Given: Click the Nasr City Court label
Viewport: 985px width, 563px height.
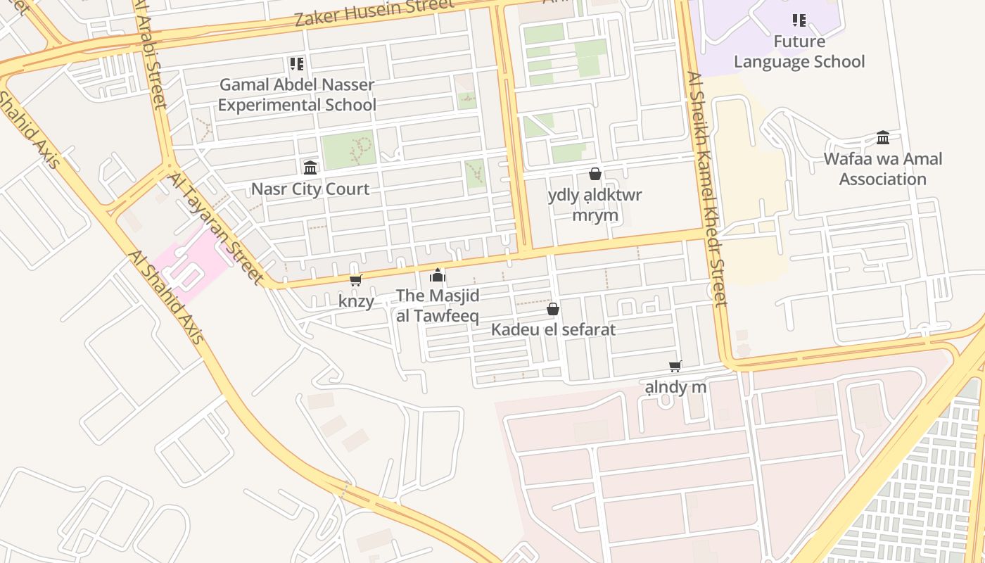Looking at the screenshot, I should [x=310, y=189].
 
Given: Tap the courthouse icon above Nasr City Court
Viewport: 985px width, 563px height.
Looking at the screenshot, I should [x=310, y=167].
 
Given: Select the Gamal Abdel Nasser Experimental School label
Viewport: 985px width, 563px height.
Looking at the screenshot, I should [x=296, y=94].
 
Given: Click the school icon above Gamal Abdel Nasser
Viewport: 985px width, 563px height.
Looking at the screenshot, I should [x=297, y=64].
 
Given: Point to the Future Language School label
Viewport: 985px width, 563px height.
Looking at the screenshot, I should [x=799, y=51].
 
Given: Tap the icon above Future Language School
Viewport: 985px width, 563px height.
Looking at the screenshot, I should [x=799, y=20].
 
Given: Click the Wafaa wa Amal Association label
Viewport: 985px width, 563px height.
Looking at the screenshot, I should [x=882, y=169].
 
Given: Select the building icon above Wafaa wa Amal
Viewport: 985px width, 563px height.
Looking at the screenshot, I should [x=883, y=137].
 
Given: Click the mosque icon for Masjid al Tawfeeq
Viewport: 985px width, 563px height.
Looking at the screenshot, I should [x=438, y=275].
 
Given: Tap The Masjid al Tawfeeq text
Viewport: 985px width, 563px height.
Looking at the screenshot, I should [x=438, y=305].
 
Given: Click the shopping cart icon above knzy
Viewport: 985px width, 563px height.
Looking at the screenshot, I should [x=356, y=281].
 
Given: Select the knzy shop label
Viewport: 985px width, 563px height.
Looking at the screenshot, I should [x=356, y=301].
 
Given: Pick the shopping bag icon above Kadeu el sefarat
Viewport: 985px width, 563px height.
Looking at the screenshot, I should [x=553, y=309].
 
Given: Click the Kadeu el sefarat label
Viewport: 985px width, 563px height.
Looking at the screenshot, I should [x=553, y=329].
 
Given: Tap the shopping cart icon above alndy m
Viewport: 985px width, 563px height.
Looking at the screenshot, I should [x=675, y=366].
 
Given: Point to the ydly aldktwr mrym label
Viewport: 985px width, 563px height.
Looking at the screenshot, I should [x=595, y=205].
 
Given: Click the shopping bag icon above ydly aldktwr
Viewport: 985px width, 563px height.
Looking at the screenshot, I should [x=595, y=174].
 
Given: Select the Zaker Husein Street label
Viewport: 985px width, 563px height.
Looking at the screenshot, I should [x=374, y=12].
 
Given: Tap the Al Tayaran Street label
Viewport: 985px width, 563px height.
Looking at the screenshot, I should [x=215, y=229].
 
